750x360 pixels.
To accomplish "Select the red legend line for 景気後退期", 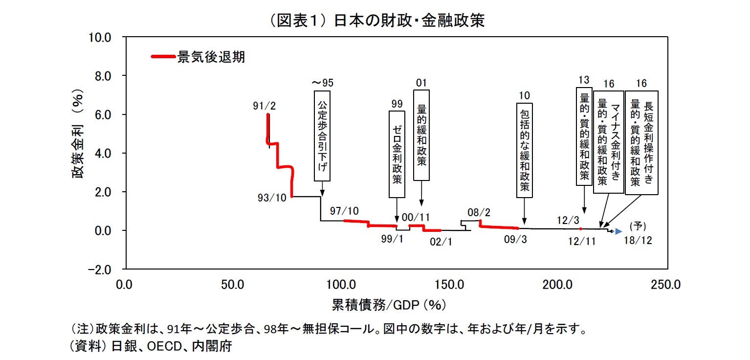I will (163, 57).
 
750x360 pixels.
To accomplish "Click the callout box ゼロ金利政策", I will (397, 154).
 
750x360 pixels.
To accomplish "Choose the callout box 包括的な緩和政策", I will (524, 150).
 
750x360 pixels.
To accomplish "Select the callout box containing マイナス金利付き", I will (608, 142).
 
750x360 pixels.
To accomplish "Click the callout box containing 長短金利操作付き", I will (641, 142).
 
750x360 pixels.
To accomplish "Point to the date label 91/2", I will (265, 105).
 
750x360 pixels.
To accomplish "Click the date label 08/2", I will (479, 212).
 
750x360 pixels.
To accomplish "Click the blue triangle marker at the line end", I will (618, 231).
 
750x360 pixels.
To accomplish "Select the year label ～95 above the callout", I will (323, 82).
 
